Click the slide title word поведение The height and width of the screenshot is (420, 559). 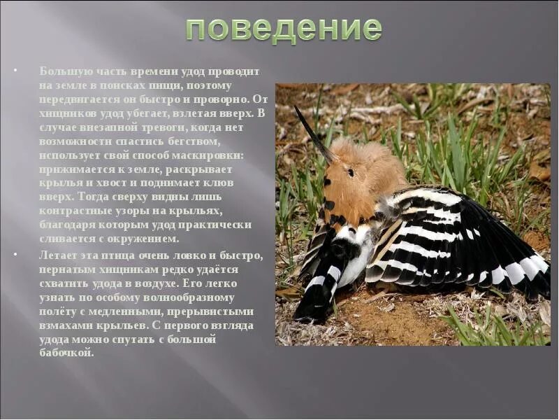284,29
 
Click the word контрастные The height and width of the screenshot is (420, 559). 71,210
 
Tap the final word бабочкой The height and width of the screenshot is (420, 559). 66,353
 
